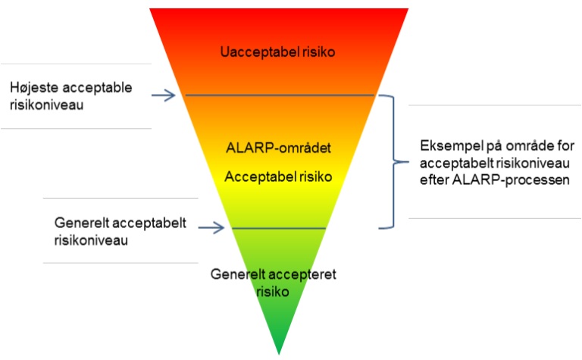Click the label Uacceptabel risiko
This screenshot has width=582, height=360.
click(278, 52)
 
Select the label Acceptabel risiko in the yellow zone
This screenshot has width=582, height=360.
click(279, 177)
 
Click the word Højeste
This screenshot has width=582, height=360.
click(33, 88)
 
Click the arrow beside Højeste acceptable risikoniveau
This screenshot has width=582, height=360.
click(164, 95)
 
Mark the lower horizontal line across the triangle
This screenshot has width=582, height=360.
click(279, 227)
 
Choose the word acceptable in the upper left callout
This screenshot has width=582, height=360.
click(97, 88)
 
